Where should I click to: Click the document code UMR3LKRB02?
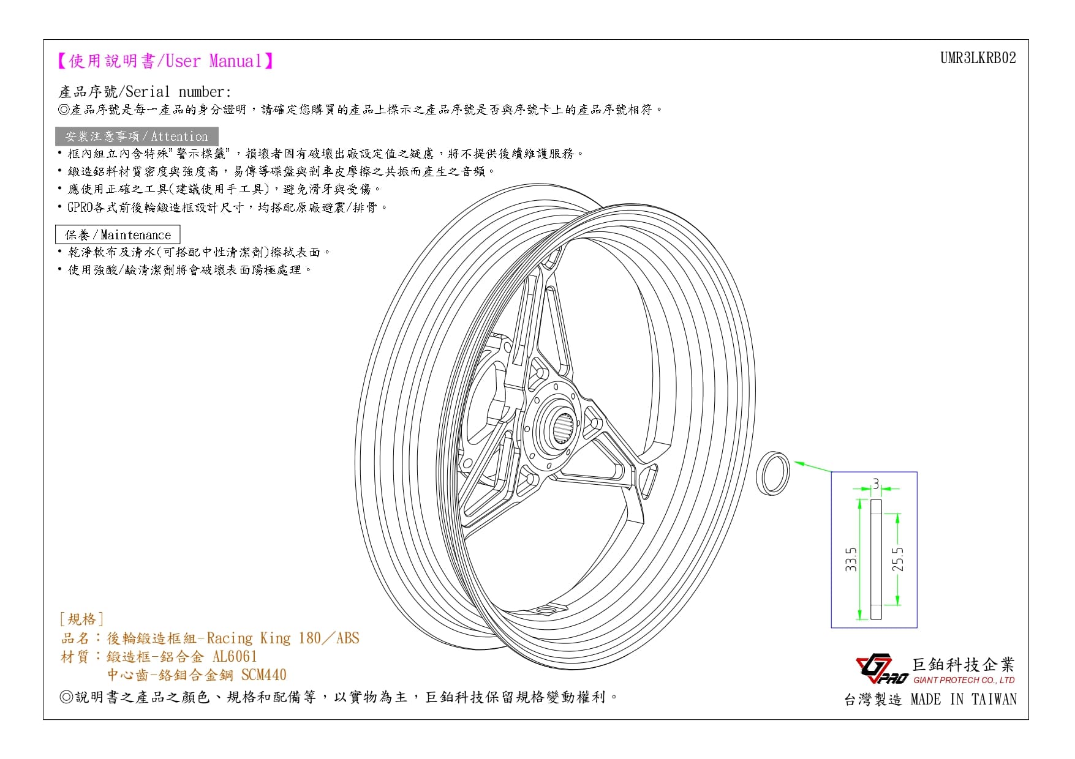[x=978, y=58]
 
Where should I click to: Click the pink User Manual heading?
[x=165, y=61]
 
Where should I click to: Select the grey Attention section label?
[x=137, y=136]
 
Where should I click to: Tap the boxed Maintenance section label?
[x=118, y=234]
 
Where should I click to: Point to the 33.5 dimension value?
[x=851, y=559]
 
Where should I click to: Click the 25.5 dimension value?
[x=897, y=559]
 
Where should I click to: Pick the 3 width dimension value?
[x=876, y=484]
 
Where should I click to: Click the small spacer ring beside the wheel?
[x=773, y=474]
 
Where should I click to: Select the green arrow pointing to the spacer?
[x=812, y=466]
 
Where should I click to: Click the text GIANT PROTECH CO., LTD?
[x=964, y=680]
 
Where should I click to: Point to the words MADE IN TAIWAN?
[x=964, y=699]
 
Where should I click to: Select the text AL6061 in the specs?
[x=235, y=657]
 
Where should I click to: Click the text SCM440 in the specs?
[x=263, y=675]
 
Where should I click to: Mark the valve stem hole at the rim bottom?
[x=546, y=609]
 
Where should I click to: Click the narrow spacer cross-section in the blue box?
[x=876, y=559]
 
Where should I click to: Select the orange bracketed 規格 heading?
[x=81, y=619]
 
